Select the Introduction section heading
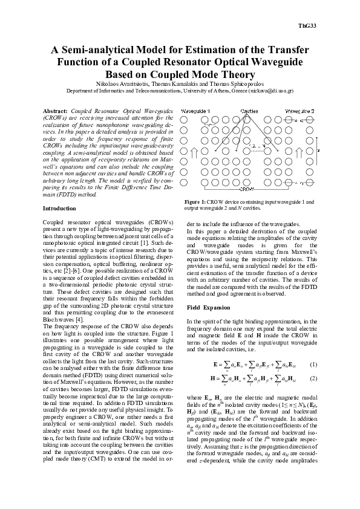pos(59,208)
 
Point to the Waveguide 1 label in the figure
pos(196,112)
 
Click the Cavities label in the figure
pos(249,112)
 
